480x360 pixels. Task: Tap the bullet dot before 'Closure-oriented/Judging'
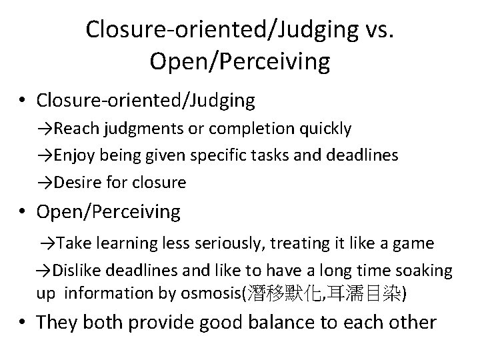coord(23,101)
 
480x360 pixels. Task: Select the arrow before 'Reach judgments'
coord(46,128)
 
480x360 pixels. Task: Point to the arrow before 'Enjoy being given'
coord(46,155)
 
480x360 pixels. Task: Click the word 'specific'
coord(216,155)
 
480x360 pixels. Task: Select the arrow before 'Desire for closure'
coord(46,182)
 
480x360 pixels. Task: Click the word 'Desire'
coord(77,182)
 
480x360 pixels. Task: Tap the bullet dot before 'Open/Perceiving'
coord(23,213)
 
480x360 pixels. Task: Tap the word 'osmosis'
coord(216,293)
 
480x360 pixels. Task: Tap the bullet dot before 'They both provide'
coord(23,323)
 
